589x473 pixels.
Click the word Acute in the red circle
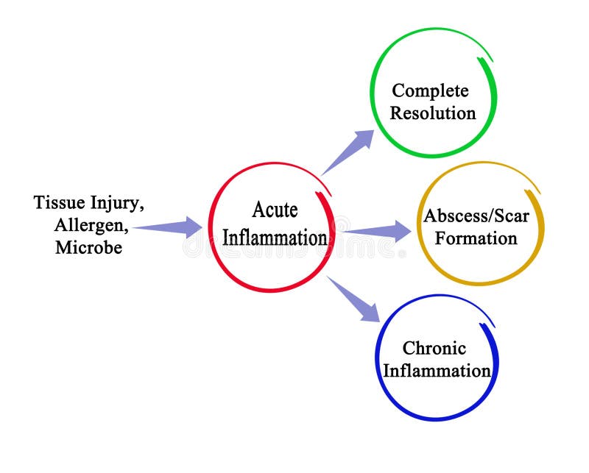click(x=275, y=210)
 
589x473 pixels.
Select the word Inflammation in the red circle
click(x=275, y=238)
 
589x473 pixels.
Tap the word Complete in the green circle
click(x=430, y=90)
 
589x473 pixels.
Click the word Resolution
click(x=433, y=113)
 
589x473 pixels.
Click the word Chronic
click(x=434, y=348)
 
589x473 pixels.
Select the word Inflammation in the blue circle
click(x=437, y=371)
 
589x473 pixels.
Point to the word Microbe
click(x=88, y=247)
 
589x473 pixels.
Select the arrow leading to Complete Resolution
click(x=349, y=152)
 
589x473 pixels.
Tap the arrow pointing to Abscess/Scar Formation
click(x=378, y=231)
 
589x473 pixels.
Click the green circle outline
click(x=371, y=92)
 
